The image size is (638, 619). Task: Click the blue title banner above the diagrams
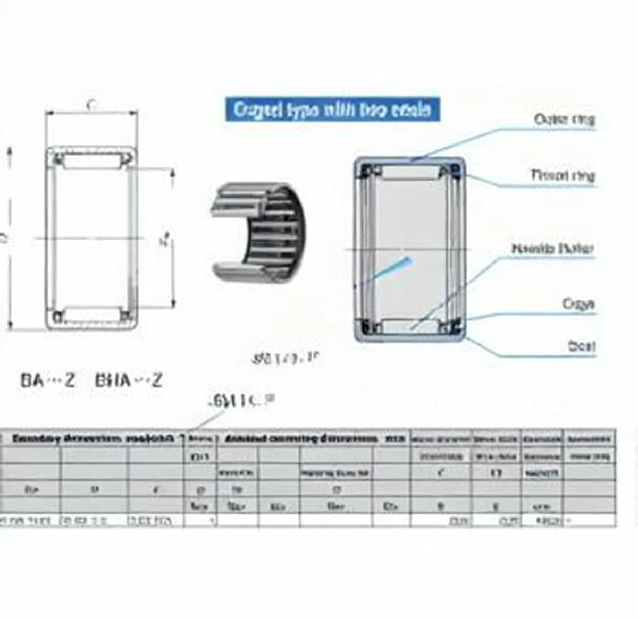332,109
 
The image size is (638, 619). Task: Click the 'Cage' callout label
578,304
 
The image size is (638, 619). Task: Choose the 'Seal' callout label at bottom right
581,346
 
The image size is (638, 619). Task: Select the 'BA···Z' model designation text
48,380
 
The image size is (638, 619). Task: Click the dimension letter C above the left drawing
91,105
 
